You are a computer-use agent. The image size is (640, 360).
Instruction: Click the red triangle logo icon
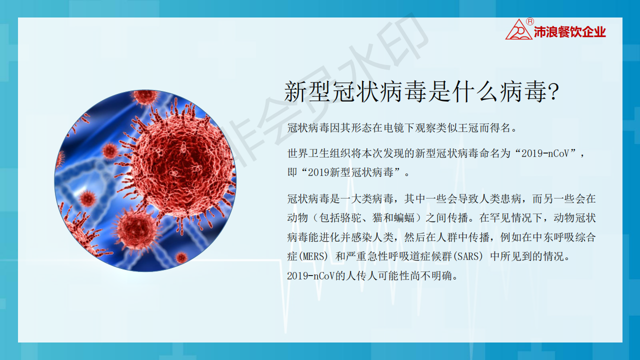click(519, 29)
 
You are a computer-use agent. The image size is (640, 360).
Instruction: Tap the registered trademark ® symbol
click(530, 21)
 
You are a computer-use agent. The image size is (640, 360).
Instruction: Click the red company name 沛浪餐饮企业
click(570, 32)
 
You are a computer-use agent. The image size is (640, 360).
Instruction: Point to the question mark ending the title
click(553, 91)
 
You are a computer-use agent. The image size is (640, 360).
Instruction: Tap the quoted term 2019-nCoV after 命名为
click(545, 153)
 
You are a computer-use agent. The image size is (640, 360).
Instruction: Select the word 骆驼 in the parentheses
click(351, 217)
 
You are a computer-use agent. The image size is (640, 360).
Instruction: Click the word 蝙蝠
click(404, 217)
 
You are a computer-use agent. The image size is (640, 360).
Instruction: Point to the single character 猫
click(377, 217)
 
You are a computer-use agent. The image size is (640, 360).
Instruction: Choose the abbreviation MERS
click(313, 256)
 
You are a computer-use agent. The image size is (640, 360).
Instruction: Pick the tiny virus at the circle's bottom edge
click(181, 257)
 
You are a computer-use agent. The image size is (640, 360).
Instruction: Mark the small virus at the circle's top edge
click(145, 96)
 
